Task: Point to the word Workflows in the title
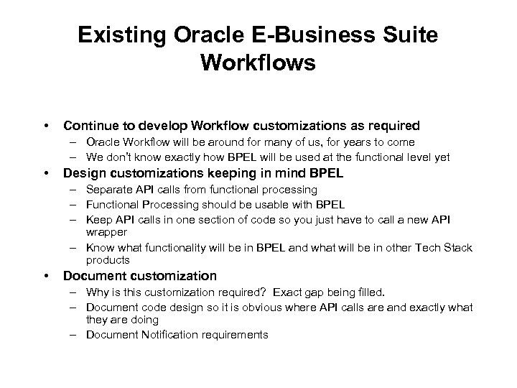tap(258, 63)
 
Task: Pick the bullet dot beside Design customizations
tap(46, 172)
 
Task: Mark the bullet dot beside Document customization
tap(46, 276)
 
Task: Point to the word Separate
tap(107, 189)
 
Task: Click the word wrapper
tap(106, 232)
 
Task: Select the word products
tap(108, 260)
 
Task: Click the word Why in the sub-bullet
tap(95, 292)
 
